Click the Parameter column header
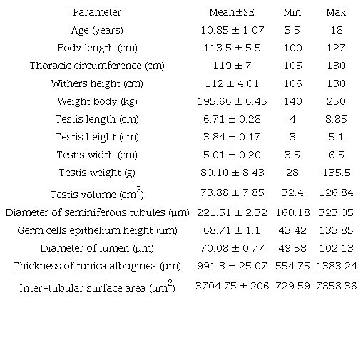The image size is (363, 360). click(97, 12)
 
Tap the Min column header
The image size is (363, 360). click(292, 12)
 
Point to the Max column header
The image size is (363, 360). click(336, 12)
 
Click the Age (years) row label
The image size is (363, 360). click(97, 30)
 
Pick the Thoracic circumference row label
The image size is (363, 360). click(97, 66)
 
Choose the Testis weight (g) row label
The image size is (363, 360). click(97, 172)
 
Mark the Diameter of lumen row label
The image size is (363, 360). click(97, 248)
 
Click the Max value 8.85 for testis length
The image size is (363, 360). click(336, 118)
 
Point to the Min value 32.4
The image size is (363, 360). click(292, 192)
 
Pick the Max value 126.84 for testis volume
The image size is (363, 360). click(336, 192)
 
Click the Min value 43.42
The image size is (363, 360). click(292, 230)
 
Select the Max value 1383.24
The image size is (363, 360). click(336, 266)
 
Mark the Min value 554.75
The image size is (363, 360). click(292, 266)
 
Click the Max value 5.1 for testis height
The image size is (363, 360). click(336, 136)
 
